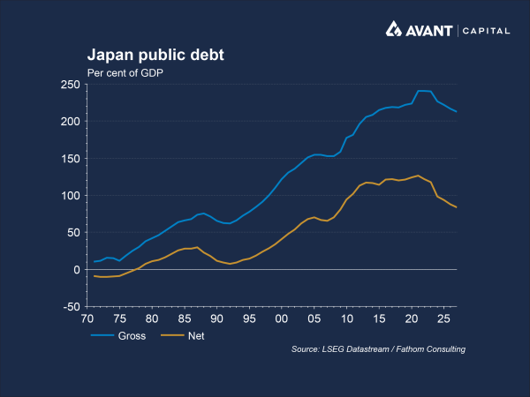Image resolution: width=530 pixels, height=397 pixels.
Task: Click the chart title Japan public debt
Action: pyautogui.click(x=155, y=55)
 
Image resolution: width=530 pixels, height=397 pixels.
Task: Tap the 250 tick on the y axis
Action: pyautogui.click(x=70, y=85)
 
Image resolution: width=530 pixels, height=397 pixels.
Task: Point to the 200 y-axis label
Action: pyautogui.click(x=70, y=122)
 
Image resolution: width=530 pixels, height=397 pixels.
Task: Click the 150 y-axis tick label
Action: pyautogui.click(x=70, y=159)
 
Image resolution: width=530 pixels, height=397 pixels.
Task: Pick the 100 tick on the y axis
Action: pyautogui.click(x=70, y=196)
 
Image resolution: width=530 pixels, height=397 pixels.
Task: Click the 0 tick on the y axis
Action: pyautogui.click(x=76, y=270)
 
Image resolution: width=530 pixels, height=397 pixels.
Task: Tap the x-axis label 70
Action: pyautogui.click(x=87, y=318)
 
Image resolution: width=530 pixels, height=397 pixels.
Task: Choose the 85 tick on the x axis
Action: pyautogui.click(x=184, y=318)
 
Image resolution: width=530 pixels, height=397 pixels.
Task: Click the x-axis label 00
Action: pyautogui.click(x=281, y=318)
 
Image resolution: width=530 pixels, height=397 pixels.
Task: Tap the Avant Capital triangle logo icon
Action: pyautogui.click(x=394, y=30)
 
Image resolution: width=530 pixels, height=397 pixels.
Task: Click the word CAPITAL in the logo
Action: pyautogui.click(x=487, y=31)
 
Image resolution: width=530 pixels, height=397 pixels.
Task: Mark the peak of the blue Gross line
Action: pyautogui.click(x=420, y=91)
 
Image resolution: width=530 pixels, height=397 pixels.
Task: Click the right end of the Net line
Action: pyautogui.click(x=456, y=207)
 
